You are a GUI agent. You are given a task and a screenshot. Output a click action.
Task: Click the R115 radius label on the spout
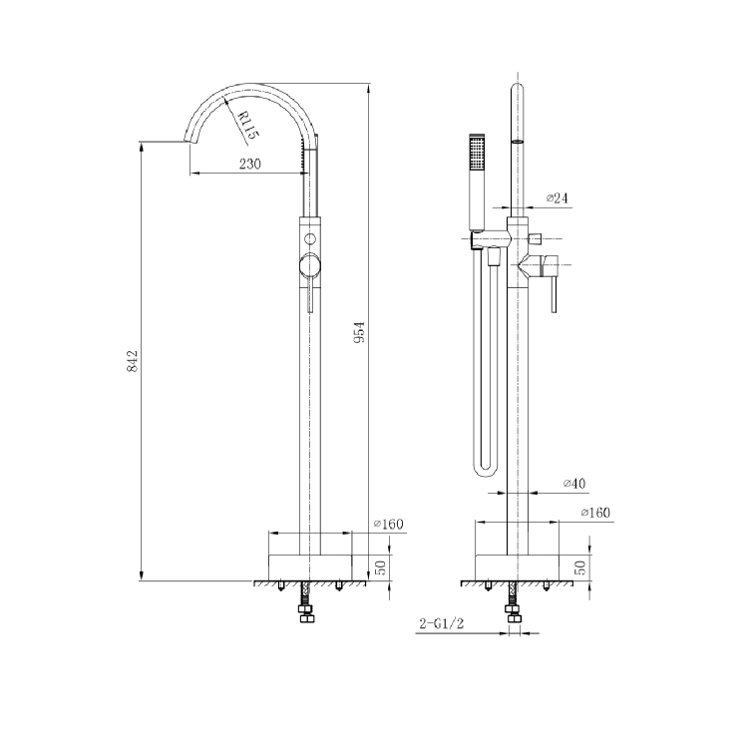[x=245, y=125]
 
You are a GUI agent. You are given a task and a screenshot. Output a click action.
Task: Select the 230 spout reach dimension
[x=249, y=165]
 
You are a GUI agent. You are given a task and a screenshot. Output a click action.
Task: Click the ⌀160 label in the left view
[x=387, y=524]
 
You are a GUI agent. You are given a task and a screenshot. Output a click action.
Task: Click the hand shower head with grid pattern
[x=476, y=155]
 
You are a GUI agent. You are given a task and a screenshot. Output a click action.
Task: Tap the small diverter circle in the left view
[x=310, y=239]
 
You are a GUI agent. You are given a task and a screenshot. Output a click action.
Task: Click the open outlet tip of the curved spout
[x=187, y=143]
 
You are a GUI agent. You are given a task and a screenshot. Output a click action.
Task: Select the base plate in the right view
[x=516, y=564]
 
